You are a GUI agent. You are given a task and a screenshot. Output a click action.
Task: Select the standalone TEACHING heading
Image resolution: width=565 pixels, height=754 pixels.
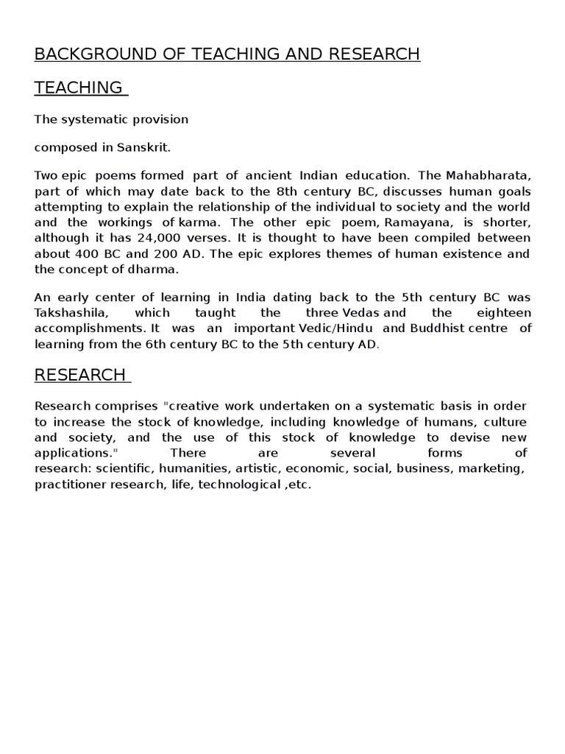pos(79,88)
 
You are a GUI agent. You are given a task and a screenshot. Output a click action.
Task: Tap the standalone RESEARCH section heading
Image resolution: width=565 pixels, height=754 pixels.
pos(80,375)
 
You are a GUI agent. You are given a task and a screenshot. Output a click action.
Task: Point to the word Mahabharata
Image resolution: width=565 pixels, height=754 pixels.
pos(486,175)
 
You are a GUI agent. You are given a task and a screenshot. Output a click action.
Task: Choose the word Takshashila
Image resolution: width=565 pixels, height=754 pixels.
pos(71,313)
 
